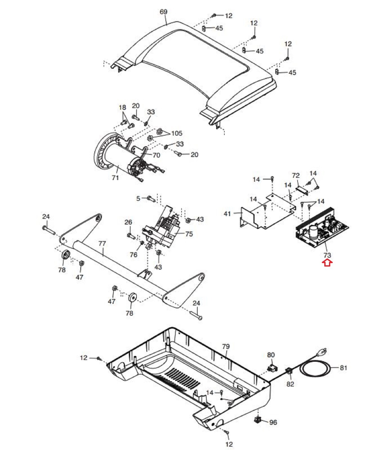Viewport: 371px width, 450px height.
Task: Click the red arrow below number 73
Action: click(327, 263)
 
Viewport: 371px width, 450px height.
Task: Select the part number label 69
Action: click(163, 12)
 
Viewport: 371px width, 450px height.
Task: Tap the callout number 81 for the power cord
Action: click(343, 368)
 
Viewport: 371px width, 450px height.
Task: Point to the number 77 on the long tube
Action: click(102, 243)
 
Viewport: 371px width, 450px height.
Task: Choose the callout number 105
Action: click(177, 133)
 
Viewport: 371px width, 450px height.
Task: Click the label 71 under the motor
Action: click(115, 178)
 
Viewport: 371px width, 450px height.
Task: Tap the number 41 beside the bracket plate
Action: click(227, 214)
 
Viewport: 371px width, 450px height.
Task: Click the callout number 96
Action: click(273, 422)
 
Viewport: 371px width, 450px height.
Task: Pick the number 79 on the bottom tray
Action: click(226, 346)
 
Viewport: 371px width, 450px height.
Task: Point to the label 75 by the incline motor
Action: click(189, 234)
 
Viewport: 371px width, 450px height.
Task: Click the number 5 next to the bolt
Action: click(138, 199)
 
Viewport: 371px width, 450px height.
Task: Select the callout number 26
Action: click(128, 222)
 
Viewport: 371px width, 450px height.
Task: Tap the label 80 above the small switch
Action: click(271, 355)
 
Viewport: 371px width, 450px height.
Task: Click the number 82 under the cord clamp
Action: click(290, 384)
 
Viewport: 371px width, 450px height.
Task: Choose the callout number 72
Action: click(296, 175)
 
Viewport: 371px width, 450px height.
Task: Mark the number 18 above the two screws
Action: click(122, 107)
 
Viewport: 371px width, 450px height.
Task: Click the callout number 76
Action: click(133, 255)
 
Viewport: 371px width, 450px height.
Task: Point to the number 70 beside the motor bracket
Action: click(156, 155)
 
